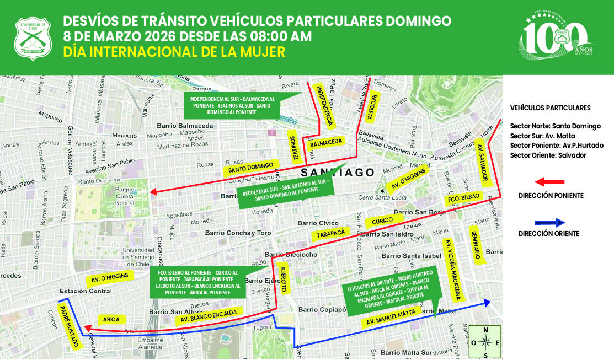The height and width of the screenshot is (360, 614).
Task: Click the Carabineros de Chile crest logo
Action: (x=32, y=37)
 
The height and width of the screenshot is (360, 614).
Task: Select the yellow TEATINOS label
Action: (x=295, y=147)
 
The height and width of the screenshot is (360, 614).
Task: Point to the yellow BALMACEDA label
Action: (x=326, y=142)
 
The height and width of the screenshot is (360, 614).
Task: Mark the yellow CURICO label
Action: (x=382, y=221)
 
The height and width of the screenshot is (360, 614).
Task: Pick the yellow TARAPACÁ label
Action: (x=331, y=234)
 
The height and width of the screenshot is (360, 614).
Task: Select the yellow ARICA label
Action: (x=111, y=319)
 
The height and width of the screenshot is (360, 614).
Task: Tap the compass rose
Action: (x=485, y=342)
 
